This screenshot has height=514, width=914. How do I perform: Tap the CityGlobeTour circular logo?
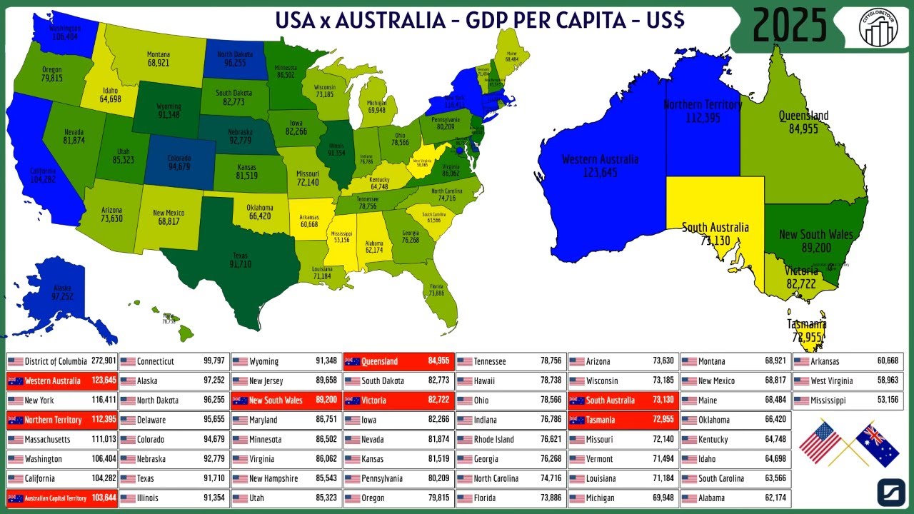(x=878, y=26)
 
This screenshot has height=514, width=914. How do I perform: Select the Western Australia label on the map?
(x=600, y=166)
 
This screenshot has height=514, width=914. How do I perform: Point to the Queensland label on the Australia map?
(x=803, y=122)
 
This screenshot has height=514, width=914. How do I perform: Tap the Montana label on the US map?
(x=159, y=59)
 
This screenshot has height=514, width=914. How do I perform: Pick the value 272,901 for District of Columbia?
(x=103, y=361)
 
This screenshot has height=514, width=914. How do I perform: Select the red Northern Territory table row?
(x=61, y=420)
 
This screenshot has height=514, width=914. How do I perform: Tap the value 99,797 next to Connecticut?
(x=214, y=361)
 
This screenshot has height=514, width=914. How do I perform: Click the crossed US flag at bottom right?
(x=820, y=441)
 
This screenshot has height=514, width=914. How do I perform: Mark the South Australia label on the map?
(x=715, y=233)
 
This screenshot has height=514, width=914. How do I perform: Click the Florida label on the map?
(x=436, y=289)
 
